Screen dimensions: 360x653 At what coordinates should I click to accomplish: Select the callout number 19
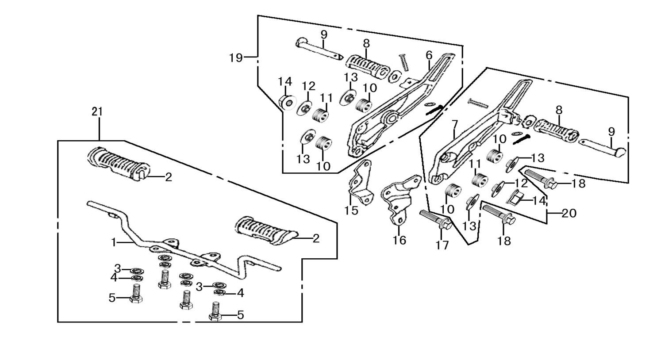coord(236,57)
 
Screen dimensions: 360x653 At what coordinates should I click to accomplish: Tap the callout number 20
coord(569,214)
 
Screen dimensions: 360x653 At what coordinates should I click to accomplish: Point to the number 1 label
coord(114,242)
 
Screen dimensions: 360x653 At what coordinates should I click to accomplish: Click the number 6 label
coord(429,55)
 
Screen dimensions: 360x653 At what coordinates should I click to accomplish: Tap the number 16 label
coord(399,240)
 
